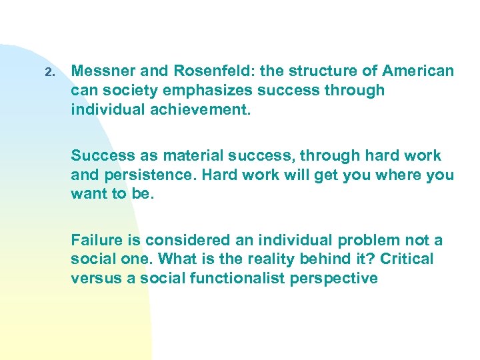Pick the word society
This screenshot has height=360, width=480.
125,90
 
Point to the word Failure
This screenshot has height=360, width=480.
97,240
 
